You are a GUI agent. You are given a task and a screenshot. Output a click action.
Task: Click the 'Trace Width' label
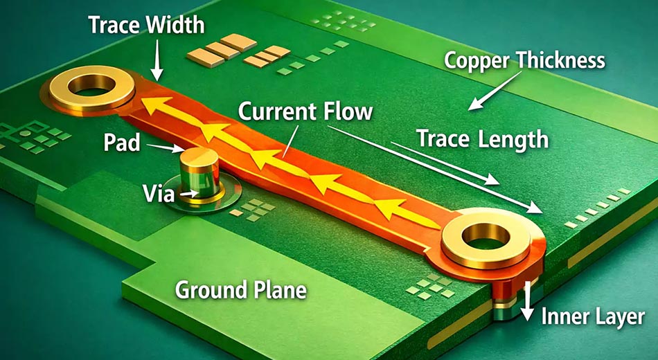(146, 26)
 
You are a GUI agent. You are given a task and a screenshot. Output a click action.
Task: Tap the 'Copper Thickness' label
(524, 60)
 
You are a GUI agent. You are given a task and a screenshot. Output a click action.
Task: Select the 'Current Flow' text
(305, 112)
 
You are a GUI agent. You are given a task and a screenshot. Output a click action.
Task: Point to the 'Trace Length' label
(482, 138)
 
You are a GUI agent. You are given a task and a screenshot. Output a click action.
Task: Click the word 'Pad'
(122, 143)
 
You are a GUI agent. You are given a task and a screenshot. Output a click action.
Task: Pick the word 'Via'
(158, 193)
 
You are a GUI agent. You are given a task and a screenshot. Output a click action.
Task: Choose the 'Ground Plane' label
(241, 290)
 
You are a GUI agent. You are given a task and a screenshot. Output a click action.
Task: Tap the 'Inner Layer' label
(593, 316)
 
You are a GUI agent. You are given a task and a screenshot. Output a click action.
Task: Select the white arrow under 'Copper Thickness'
(495, 91)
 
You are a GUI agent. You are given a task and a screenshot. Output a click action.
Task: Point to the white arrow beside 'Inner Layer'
(528, 301)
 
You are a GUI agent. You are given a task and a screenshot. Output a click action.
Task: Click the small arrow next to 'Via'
(190, 193)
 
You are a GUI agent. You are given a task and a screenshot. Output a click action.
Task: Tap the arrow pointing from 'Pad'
(166, 147)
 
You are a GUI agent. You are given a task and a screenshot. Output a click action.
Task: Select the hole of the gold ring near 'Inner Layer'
(486, 236)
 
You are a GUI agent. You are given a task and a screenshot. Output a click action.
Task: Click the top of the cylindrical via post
(199, 156)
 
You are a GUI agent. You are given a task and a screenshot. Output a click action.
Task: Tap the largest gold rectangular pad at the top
(238, 42)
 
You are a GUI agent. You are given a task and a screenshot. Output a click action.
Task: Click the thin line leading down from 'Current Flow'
(291, 141)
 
